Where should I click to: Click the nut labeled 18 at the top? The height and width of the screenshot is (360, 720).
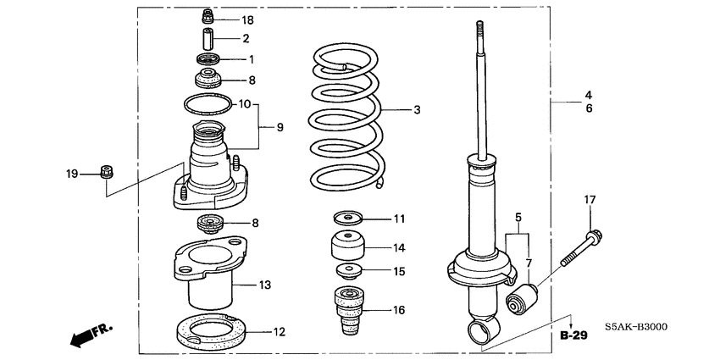point(207,16)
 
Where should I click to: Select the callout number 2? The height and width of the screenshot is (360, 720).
point(246,39)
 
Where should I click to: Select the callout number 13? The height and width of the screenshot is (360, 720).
point(264,285)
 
